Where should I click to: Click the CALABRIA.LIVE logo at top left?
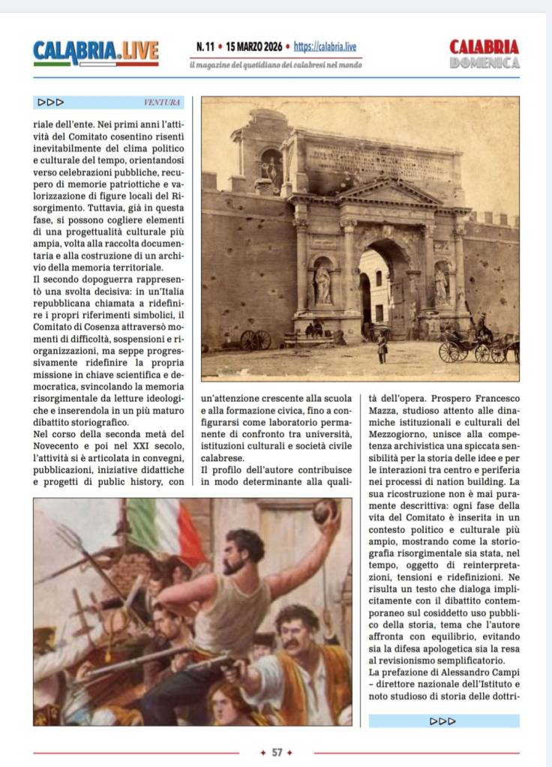[96, 52]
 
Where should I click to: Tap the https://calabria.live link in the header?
[325, 46]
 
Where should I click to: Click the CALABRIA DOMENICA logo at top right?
[484, 54]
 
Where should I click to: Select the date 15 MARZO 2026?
[249, 46]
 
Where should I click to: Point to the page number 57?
[277, 752]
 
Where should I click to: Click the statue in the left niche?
[322, 283]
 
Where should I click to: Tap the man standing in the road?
[382, 346]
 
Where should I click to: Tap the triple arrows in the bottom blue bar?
[443, 721]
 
